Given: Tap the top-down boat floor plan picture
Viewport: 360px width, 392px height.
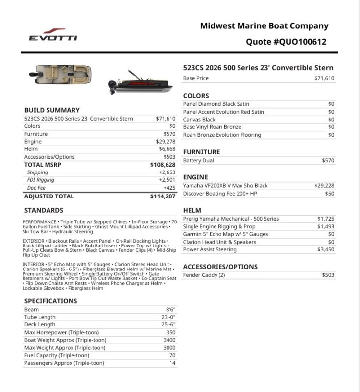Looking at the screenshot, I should tap(60, 74).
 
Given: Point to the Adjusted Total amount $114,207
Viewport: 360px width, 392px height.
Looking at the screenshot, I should tap(163, 196).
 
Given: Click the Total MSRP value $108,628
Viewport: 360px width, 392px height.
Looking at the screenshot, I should tap(163, 165).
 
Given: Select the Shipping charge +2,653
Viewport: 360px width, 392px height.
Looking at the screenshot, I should tap(167, 172).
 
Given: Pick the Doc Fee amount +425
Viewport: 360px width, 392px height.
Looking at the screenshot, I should tap(168, 188).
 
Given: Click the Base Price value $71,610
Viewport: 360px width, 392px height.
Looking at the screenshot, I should tap(324, 78).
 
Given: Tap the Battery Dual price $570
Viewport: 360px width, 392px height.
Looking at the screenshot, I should tap(328, 161).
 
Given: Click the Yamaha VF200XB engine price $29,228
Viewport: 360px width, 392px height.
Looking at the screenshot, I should tap(324, 186).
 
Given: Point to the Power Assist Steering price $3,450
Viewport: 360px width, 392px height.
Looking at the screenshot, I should tap(325, 250).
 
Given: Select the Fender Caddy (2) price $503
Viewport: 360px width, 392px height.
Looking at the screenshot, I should tap(328, 275).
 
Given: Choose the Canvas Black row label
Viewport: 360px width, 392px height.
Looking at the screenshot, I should tap(199, 120).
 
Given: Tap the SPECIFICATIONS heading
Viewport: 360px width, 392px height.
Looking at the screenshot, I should tap(50, 301).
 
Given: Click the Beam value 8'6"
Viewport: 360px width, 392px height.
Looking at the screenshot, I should tap(170, 310).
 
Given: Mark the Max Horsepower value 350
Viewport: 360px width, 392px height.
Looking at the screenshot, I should tap(170, 332).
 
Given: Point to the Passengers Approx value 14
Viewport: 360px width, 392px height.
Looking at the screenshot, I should tap(172, 363).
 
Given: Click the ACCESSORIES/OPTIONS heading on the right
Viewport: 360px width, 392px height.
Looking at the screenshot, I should tap(220, 267).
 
